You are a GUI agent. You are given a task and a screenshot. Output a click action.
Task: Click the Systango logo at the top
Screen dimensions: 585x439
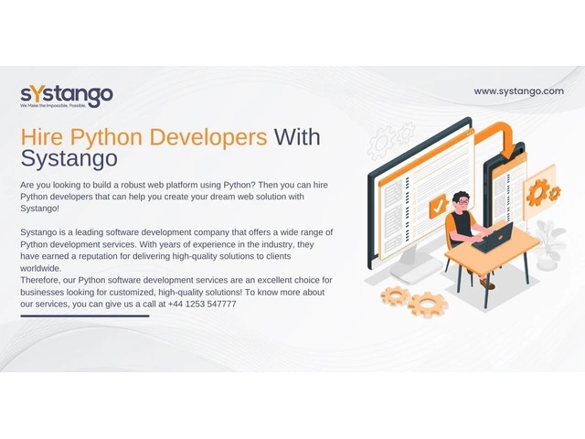pyautogui.click(x=67, y=97)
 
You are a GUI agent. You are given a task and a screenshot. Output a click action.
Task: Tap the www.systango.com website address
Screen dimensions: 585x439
pyautogui.click(x=518, y=91)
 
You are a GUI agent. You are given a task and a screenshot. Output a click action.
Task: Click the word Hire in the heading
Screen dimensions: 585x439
pyautogui.click(x=42, y=137)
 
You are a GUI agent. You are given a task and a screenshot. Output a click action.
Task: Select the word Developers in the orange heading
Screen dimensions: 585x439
pyautogui.click(x=208, y=137)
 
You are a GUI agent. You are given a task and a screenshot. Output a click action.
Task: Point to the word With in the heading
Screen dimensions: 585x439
pyautogui.click(x=297, y=137)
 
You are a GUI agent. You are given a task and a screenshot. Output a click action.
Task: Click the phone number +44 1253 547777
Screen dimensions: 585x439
pyautogui.click(x=202, y=305)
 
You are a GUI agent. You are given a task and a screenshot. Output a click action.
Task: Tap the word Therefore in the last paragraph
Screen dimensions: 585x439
pyautogui.click(x=39, y=281)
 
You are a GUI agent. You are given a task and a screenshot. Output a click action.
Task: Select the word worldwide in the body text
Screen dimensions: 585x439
pyautogui.click(x=40, y=268)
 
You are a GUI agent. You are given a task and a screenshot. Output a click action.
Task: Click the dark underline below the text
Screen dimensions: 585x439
pyautogui.click(x=85, y=316)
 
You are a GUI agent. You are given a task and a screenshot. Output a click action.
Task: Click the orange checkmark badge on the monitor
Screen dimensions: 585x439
pyautogui.click(x=438, y=206)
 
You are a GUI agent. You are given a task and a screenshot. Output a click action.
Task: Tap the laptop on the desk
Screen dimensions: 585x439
pyautogui.click(x=493, y=238)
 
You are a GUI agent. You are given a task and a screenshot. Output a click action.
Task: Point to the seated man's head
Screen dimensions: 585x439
pyautogui.click(x=462, y=202)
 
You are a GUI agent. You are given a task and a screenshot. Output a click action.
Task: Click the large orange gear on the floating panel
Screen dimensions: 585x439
pyautogui.click(x=537, y=192)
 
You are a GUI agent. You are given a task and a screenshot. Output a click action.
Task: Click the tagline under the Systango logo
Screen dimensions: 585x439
pyautogui.click(x=53, y=106)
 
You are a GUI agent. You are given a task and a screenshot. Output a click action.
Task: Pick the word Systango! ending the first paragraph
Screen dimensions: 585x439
pyautogui.click(x=39, y=209)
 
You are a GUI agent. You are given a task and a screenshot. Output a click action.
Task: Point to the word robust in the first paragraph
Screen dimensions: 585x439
pyautogui.click(x=133, y=185)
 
